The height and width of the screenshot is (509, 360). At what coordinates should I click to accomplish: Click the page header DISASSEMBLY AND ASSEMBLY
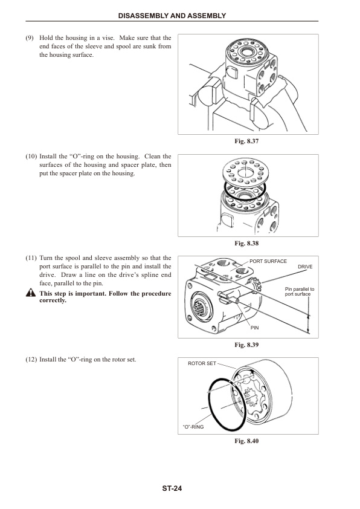click(x=180, y=15)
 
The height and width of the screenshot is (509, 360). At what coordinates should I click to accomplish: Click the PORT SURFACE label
click(x=268, y=261)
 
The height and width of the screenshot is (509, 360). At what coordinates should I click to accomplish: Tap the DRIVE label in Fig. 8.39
click(x=305, y=267)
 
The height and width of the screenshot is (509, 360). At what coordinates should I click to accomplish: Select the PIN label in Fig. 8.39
click(x=255, y=328)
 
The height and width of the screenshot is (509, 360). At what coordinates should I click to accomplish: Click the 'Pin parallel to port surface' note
click(x=300, y=292)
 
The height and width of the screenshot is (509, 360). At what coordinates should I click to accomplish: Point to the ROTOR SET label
click(x=202, y=364)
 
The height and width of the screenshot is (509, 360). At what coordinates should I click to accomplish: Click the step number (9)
click(x=29, y=37)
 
